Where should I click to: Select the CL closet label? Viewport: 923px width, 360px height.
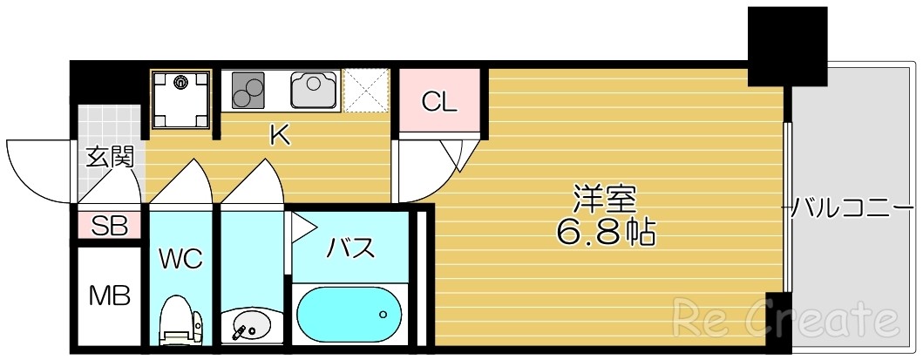(x=439, y=102)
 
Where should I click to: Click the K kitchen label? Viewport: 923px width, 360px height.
(x=279, y=135)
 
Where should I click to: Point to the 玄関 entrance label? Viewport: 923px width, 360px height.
(x=110, y=158)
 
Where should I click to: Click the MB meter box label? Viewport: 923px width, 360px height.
(x=110, y=295)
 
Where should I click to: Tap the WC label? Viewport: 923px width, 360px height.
(x=180, y=258)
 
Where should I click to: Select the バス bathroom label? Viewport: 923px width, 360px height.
(x=350, y=248)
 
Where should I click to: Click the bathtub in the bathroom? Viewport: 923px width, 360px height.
(x=348, y=315)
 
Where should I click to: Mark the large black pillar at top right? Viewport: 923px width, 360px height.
(x=786, y=45)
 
